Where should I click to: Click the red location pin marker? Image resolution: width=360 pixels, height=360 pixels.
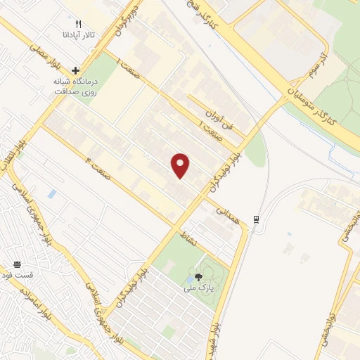pyautogui.click(x=181, y=165)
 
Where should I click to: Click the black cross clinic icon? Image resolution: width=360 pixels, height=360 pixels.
pyautogui.click(x=76, y=70)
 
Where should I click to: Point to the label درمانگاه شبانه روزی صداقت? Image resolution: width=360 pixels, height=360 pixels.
pyautogui.click(x=76, y=86)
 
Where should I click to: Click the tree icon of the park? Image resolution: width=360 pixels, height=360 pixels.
pyautogui.click(x=198, y=277)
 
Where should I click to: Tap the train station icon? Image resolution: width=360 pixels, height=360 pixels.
pyautogui.click(x=257, y=218)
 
